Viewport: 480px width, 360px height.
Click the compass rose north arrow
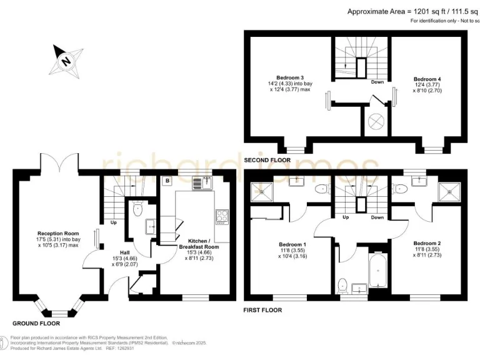(66, 61)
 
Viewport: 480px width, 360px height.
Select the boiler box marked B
(167, 182)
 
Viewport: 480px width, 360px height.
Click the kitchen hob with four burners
(222, 217)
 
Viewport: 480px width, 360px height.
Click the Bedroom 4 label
(427, 79)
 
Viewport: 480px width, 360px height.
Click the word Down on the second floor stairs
(377, 82)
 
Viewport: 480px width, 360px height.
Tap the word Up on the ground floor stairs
(114, 222)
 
